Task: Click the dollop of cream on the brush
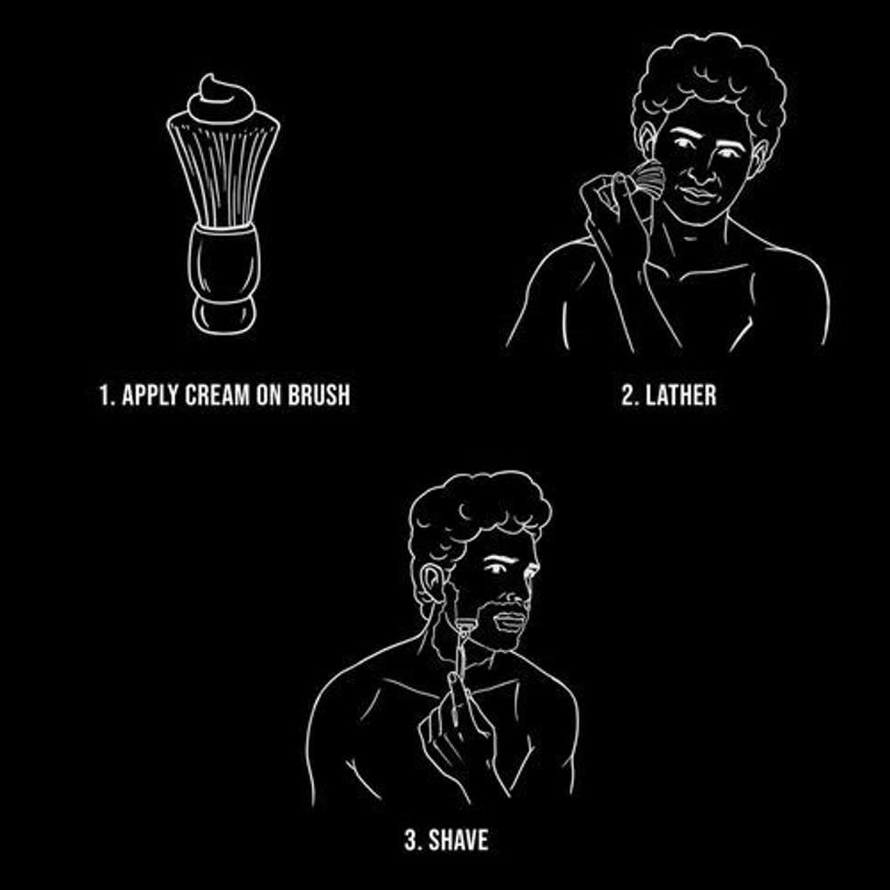pos(223,100)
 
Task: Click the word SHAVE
pos(458,840)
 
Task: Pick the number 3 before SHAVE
pos(409,840)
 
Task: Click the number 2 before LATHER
pos(627,396)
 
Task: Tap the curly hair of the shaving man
pos(476,508)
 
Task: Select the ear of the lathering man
pos(649,146)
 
